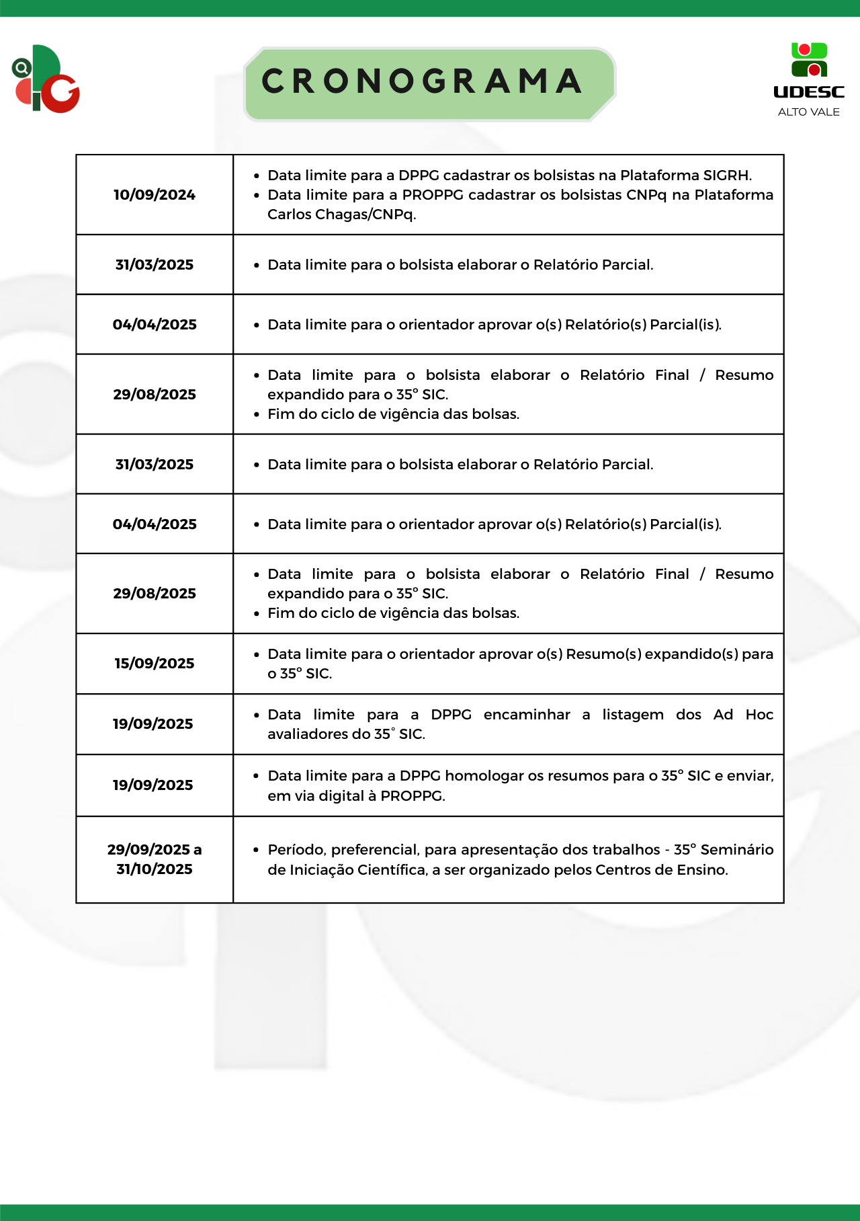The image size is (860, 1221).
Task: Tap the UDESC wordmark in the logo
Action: coord(809,92)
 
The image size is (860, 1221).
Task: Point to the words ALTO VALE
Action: coord(809,112)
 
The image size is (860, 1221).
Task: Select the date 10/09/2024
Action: coord(155,195)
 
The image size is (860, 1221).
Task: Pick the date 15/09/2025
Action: coord(155,664)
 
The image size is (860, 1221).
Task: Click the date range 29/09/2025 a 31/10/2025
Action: coord(155,859)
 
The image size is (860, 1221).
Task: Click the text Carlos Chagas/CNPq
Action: coord(341,214)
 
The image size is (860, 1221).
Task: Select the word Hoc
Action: coord(759,715)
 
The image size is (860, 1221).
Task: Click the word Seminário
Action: coord(737,850)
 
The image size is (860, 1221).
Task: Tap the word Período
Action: coord(296,850)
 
